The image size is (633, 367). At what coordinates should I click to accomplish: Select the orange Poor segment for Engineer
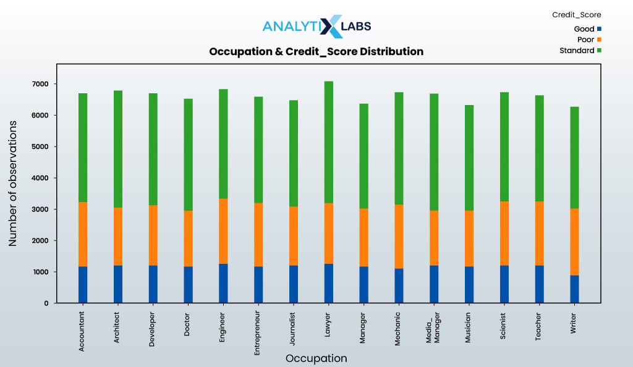coord(223,231)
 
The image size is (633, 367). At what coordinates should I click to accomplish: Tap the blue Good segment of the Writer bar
coord(574,289)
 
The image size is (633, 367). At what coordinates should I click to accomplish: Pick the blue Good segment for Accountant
coord(83,285)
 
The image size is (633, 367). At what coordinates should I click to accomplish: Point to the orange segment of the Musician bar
coord(469,238)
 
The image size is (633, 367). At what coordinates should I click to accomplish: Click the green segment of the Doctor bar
coord(188,155)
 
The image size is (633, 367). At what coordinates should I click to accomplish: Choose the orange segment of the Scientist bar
coord(504,234)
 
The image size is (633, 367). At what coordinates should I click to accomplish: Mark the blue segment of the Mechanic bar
coord(399,285)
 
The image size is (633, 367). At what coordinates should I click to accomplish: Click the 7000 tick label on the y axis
coord(40,84)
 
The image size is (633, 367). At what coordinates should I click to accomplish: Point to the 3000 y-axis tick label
coord(40,209)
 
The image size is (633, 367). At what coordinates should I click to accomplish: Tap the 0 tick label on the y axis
coord(46,303)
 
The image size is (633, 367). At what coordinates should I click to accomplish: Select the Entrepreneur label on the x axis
coord(257,333)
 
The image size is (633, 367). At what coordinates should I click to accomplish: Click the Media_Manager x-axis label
coord(433,327)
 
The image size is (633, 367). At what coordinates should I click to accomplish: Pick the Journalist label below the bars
coord(292,328)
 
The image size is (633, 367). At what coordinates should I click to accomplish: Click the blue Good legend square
coord(599,29)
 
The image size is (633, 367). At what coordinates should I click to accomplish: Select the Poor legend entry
coord(589,40)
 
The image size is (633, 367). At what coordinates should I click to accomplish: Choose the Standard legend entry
coord(580,51)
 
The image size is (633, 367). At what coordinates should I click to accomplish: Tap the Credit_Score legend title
coord(577,15)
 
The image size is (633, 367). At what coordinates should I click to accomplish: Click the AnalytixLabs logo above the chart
coord(317,26)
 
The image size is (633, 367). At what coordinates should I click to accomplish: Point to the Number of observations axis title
coord(12,183)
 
